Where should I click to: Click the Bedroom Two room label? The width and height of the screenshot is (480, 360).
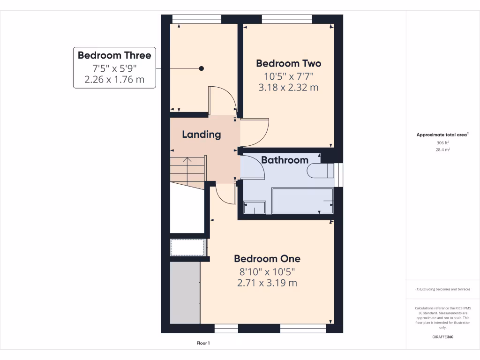point(288,63)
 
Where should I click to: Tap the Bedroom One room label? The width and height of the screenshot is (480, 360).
point(267,259)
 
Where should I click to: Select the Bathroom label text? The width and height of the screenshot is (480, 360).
point(285,160)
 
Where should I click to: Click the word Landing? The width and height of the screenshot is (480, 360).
point(201,135)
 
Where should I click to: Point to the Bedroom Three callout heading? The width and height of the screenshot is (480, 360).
point(114,55)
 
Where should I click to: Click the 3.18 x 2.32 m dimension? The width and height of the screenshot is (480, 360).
point(288,87)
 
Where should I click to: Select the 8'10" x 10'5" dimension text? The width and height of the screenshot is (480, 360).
point(267,271)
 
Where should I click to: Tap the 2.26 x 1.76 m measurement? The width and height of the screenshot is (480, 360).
point(114,80)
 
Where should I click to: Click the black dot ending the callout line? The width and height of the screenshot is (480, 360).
point(202,68)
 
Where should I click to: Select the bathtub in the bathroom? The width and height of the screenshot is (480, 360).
point(302,201)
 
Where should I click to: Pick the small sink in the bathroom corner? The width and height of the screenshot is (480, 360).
point(254,207)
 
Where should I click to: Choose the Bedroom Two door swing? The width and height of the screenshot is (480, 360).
point(255,133)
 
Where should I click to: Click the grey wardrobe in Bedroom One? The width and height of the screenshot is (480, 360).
point(185,292)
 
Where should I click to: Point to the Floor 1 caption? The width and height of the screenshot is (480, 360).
point(203,344)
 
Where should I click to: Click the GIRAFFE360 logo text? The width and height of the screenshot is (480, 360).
point(442,337)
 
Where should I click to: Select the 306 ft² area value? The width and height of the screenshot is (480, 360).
point(442,143)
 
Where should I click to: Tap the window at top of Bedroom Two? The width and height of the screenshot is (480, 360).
point(287,19)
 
